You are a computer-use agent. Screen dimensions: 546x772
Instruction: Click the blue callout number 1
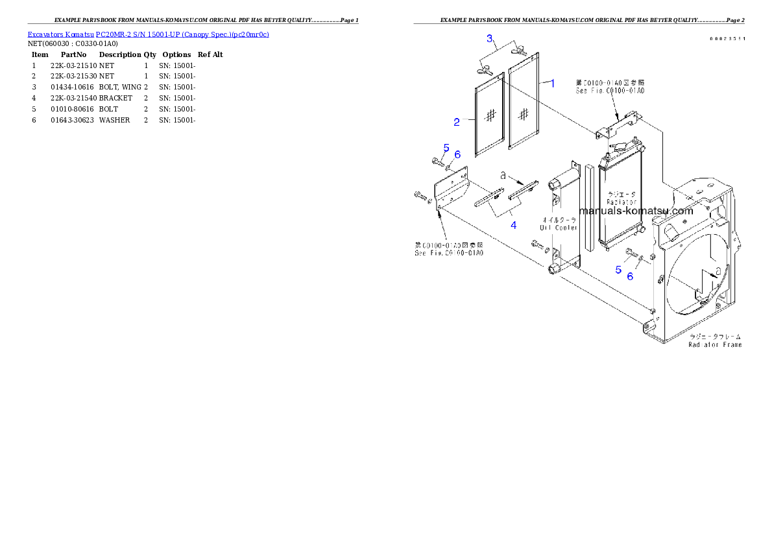pyautogui.click(x=552, y=83)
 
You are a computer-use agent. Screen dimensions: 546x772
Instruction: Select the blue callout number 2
pyautogui.click(x=456, y=121)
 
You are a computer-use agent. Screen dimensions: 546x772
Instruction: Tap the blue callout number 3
pyautogui.click(x=491, y=39)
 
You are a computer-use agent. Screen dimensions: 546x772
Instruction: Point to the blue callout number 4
pyautogui.click(x=513, y=225)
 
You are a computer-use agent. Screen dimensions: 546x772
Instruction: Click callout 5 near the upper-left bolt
pyautogui.click(x=446, y=148)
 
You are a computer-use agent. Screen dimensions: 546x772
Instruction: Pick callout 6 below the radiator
pyautogui.click(x=630, y=276)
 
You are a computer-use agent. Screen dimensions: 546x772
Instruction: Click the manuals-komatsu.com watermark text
pyautogui.click(x=636, y=211)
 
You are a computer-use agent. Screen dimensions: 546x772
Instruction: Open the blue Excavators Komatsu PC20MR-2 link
pyautogui.click(x=148, y=34)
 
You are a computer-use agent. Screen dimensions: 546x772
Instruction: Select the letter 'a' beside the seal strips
pyautogui.click(x=503, y=175)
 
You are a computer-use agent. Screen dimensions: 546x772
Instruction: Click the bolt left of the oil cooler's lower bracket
pyautogui.click(x=536, y=244)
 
